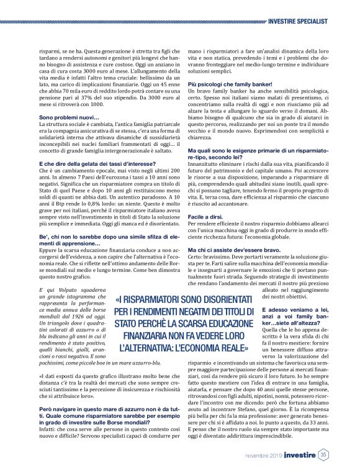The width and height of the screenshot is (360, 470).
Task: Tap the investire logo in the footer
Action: click(x=300, y=455)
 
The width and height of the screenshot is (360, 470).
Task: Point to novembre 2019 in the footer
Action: click(x=263, y=456)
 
